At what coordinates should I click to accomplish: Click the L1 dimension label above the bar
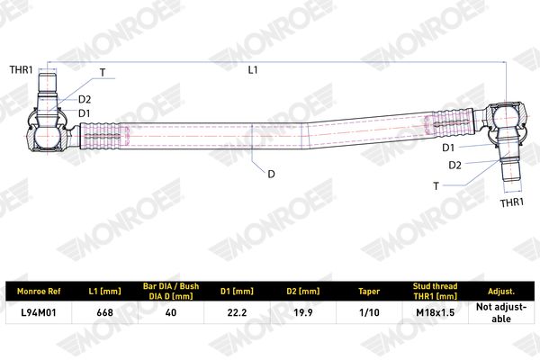click(x=253, y=70)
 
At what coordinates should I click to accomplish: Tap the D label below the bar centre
click(x=272, y=175)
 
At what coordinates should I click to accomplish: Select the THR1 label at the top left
click(x=21, y=70)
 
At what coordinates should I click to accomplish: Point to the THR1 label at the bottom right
click(x=512, y=202)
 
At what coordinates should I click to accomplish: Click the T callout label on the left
click(x=103, y=73)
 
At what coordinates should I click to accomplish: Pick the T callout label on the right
click(x=436, y=186)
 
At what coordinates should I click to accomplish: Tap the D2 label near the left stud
click(x=85, y=100)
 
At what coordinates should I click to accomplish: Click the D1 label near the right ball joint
click(x=448, y=148)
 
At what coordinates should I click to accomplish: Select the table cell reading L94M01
click(x=39, y=312)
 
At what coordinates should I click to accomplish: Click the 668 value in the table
click(x=104, y=312)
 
